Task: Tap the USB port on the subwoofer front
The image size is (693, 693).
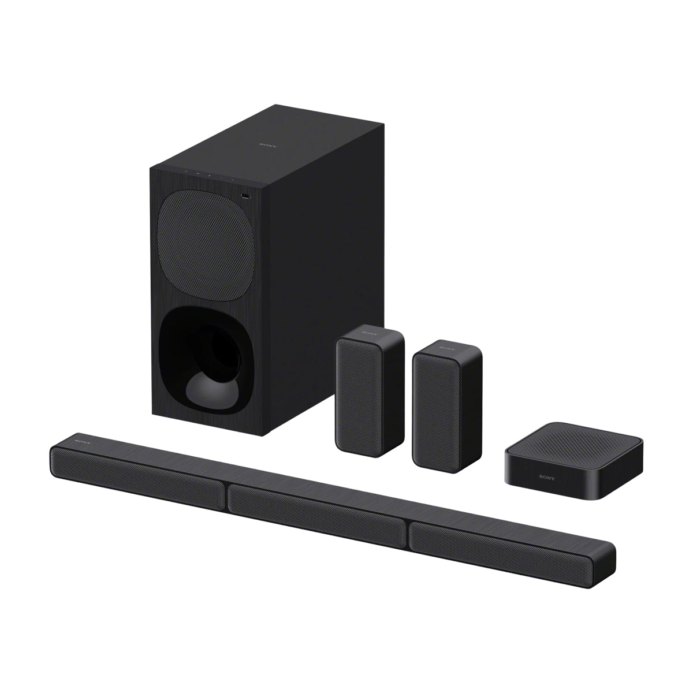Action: (246, 197)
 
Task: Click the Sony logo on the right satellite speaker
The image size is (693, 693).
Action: (446, 349)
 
